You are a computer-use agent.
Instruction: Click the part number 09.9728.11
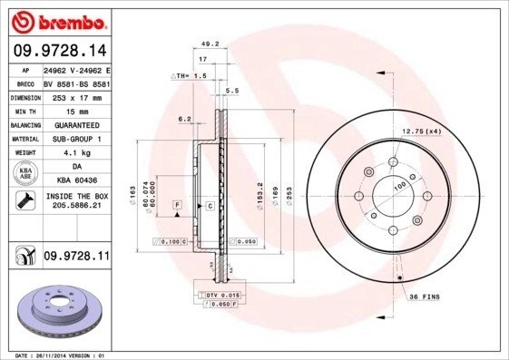[75, 257]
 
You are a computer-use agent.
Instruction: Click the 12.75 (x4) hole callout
[421, 131]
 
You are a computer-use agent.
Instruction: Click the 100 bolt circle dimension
[398, 187]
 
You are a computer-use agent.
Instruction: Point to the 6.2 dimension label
[185, 119]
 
